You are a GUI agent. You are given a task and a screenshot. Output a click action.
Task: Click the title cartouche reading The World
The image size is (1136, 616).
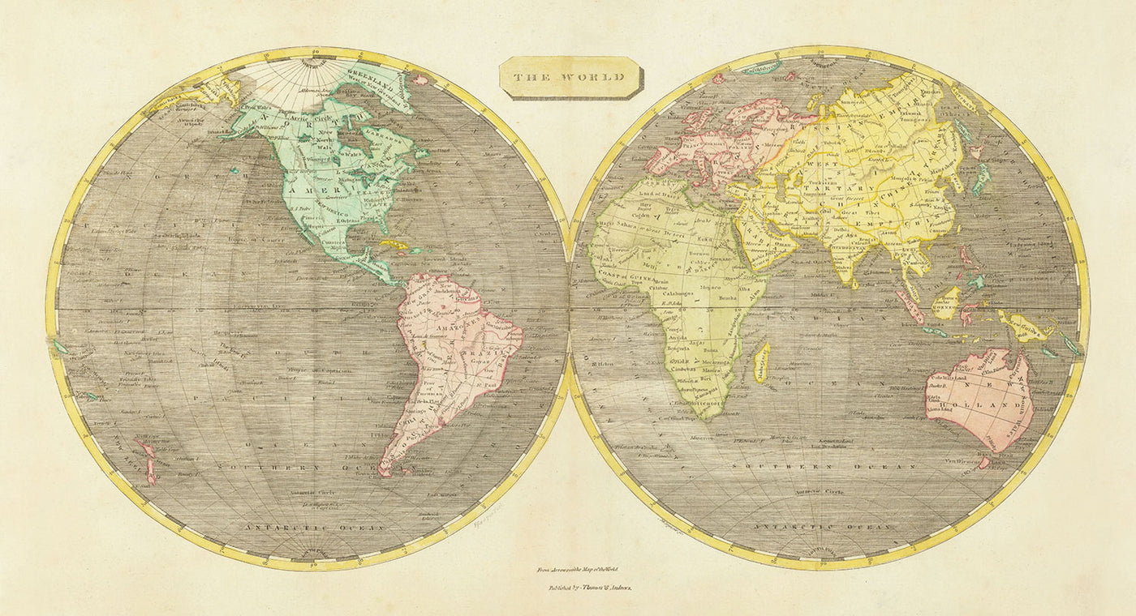(x=570, y=77)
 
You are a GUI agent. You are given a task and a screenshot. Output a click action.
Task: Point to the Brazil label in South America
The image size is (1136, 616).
(x=497, y=353)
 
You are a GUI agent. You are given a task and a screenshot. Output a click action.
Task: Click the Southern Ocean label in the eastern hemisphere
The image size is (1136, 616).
(x=824, y=468)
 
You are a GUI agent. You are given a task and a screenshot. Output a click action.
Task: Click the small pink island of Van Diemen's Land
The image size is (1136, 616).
(x=983, y=463)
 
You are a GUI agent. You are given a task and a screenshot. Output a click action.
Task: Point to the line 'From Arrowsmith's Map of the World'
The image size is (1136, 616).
(x=571, y=570)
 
